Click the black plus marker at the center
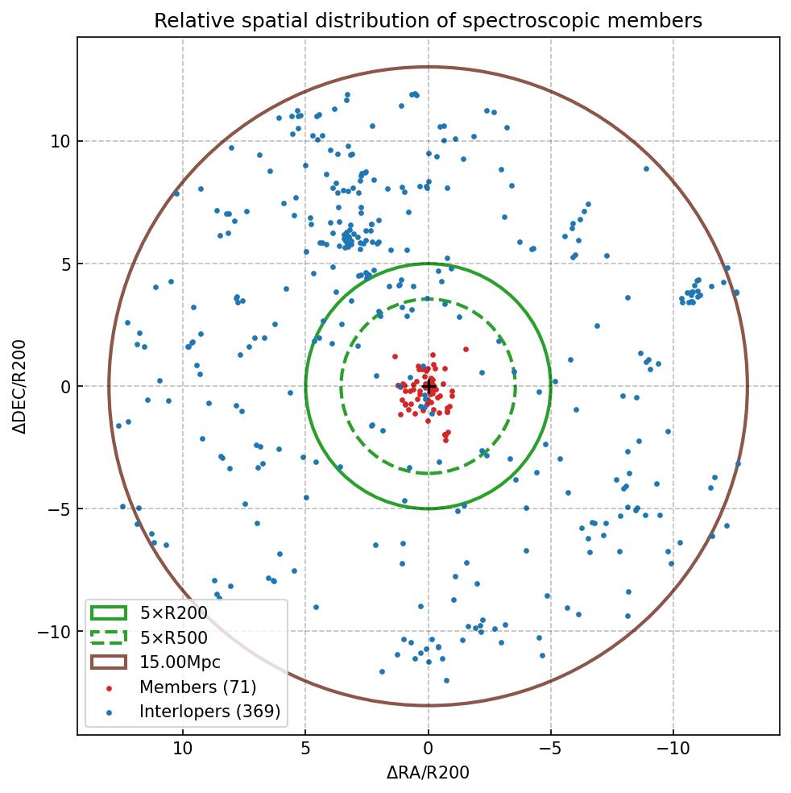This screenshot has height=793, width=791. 429,387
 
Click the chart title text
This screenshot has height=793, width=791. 428,21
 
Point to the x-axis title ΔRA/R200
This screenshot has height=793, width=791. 428,773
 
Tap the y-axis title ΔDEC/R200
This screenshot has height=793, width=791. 20,386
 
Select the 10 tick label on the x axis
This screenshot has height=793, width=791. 183,749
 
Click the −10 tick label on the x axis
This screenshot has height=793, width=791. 673,749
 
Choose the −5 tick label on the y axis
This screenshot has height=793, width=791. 58,509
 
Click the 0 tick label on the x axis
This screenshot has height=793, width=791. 429,749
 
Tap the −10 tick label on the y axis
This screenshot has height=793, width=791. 55,632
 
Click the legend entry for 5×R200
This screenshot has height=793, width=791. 173,613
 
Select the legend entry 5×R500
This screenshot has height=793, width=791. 173,638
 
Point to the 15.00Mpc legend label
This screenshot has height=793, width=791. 180,662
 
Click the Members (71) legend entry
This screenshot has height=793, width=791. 197,687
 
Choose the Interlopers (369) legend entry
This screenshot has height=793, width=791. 209,712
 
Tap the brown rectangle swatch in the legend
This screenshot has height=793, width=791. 109,662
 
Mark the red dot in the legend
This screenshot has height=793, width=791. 109,687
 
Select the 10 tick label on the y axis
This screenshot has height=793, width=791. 60,142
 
